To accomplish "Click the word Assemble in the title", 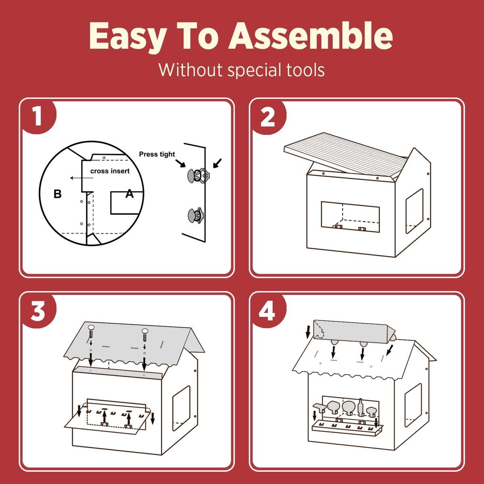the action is (311, 36).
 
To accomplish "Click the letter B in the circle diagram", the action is (58, 194).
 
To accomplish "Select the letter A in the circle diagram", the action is (129, 194).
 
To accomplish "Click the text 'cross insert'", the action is (110, 171).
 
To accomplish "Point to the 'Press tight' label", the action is (157, 154).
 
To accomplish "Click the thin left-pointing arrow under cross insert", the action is (81, 178).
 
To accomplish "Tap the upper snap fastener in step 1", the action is (198, 175).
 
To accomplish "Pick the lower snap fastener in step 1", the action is (195, 215).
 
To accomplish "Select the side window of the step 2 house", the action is (415, 211).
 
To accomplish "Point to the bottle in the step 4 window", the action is (361, 407).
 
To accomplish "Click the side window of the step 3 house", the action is (181, 409).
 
